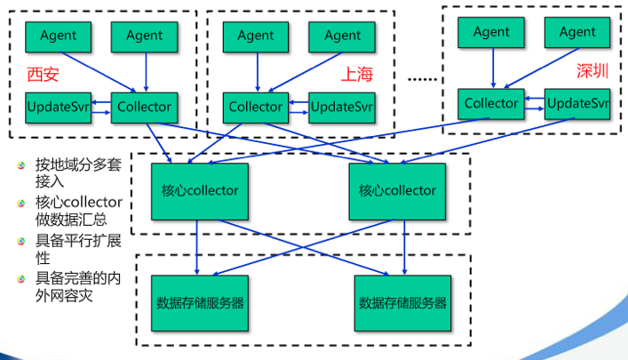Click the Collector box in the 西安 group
(144, 108)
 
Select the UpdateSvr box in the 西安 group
(58, 108)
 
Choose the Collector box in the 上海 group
(256, 108)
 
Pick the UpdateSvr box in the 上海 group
(342, 108)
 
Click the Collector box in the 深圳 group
(491, 103)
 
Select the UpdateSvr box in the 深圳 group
(578, 103)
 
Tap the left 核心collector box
(200, 190)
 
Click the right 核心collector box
(397, 190)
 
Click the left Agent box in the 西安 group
(58, 36)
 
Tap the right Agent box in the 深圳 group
(578, 32)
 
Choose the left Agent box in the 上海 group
(256, 36)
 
